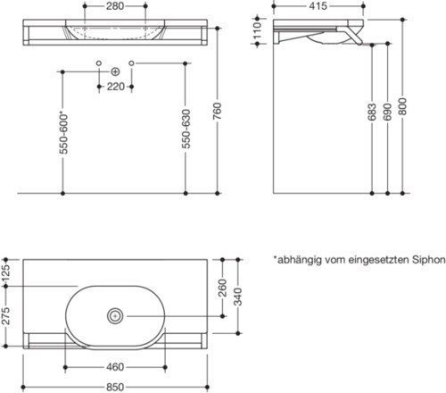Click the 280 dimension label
(x=115, y=7)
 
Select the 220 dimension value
(x=115, y=88)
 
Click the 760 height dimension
(x=220, y=108)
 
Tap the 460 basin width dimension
(x=115, y=367)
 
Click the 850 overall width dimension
(x=115, y=386)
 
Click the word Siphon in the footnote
(x=425, y=260)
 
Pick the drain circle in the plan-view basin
(x=115, y=315)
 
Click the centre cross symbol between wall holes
(x=115, y=70)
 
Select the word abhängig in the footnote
(x=301, y=260)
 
